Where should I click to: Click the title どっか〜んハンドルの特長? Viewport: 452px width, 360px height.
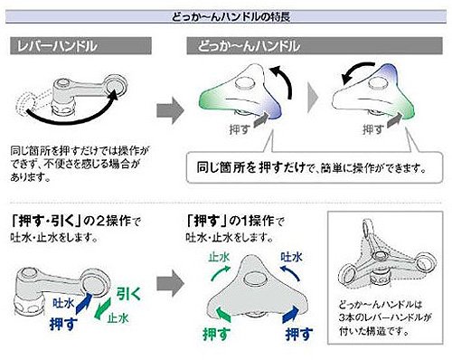pyautogui.click(x=231, y=16)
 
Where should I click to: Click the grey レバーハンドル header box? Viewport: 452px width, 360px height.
pyautogui.click(x=80, y=46)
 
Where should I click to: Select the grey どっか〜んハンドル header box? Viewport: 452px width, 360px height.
pyautogui.click(x=315, y=46)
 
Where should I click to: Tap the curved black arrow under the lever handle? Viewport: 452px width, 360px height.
pyautogui.click(x=70, y=116)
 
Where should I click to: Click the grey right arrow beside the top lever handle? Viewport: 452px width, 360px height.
pyautogui.click(x=170, y=110)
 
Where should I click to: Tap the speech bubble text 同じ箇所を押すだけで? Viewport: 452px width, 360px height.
pyautogui.click(x=251, y=167)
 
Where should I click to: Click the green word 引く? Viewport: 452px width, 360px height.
pyautogui.click(x=128, y=294)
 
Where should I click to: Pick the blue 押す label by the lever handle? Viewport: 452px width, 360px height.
pyautogui.click(x=63, y=324)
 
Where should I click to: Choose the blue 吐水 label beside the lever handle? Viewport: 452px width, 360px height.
pyautogui.click(x=63, y=303)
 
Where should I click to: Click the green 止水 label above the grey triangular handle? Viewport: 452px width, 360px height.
pyautogui.click(x=219, y=257)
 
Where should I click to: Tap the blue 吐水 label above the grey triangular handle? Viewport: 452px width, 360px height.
pyautogui.click(x=291, y=257)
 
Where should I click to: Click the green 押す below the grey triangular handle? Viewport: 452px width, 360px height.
pyautogui.click(x=217, y=334)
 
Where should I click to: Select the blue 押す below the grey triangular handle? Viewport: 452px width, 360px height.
pyautogui.click(x=299, y=334)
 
